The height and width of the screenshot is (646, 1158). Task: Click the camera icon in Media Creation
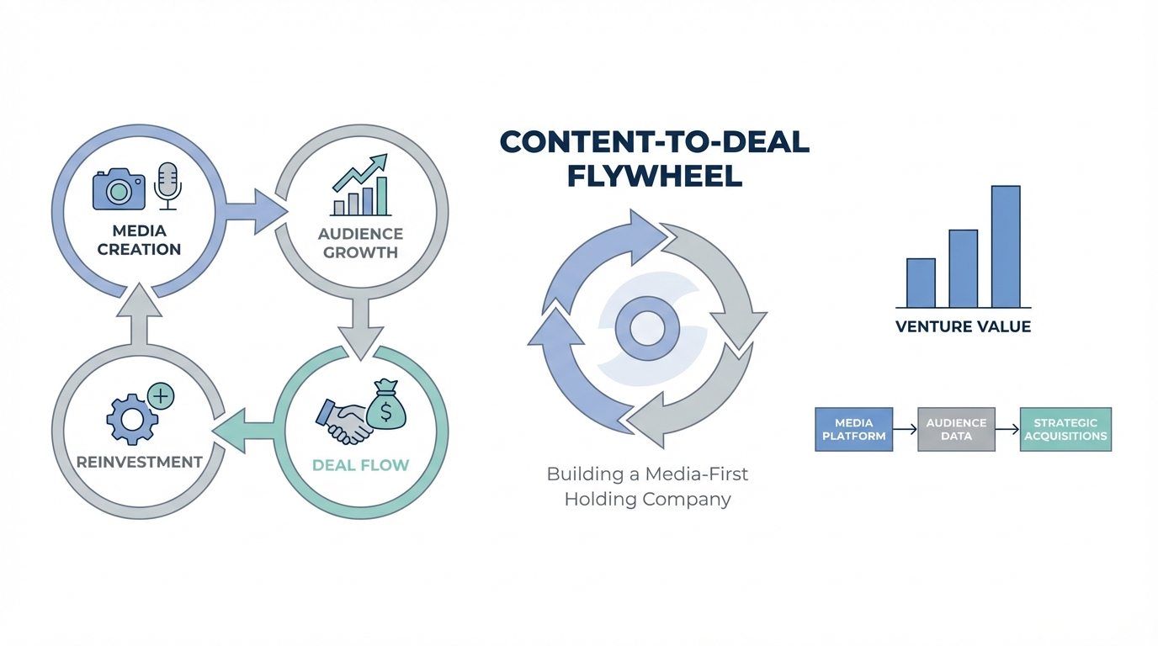(x=118, y=189)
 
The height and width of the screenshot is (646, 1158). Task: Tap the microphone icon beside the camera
(x=167, y=185)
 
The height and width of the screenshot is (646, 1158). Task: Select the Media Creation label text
(x=139, y=240)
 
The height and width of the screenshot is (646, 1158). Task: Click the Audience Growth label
(x=360, y=243)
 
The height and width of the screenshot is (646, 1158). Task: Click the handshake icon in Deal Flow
(x=343, y=419)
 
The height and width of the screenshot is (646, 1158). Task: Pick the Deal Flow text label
(x=360, y=464)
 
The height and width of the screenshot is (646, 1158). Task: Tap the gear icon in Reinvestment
(x=132, y=418)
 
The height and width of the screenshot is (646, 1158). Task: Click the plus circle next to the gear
(x=160, y=395)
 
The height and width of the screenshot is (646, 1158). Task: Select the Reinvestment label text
(x=139, y=462)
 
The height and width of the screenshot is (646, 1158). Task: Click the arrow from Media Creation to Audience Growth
(x=256, y=211)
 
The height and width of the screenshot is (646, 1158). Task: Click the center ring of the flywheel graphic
(x=647, y=327)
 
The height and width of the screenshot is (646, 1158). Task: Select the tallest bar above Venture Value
(x=1006, y=246)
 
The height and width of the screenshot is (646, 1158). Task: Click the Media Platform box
(x=853, y=429)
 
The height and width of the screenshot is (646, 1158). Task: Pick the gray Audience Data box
(x=956, y=429)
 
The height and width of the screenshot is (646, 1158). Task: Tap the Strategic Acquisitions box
(x=1065, y=429)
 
